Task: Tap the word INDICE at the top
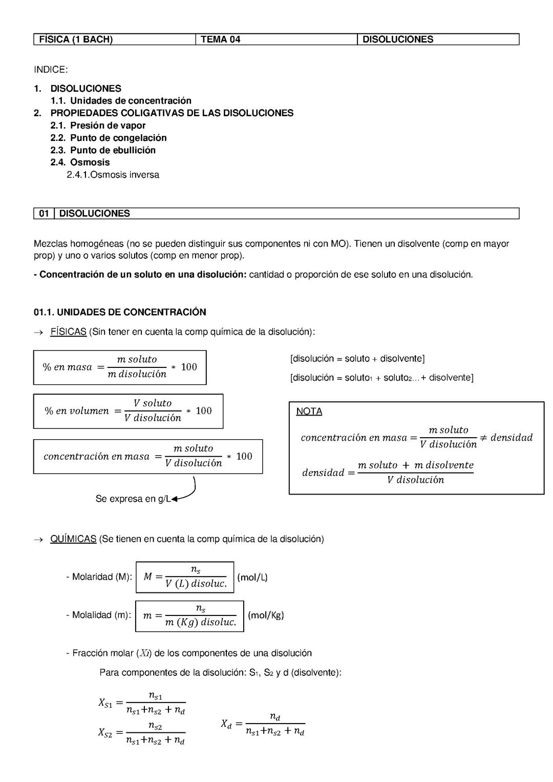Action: pos(51,70)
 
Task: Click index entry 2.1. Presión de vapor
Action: pos(98,126)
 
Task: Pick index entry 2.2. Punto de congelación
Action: pos(108,138)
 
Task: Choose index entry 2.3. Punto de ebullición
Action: pos(102,150)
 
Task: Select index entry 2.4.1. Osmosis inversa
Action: pos(113,175)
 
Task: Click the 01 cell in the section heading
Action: pos(44,214)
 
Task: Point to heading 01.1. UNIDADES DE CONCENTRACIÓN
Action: pos(120,312)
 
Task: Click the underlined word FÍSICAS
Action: pos(68,332)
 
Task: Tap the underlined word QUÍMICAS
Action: pos(73,539)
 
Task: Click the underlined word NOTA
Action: pos(309,411)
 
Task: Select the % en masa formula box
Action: pos(120,367)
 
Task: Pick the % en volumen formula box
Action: pos(128,411)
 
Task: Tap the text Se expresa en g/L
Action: pos(133,499)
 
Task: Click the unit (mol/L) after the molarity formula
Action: pos(252,578)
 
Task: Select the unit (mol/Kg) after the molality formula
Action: pos(266,615)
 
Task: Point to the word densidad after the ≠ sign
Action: pos(511,438)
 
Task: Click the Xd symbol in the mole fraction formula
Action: pos(226,724)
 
